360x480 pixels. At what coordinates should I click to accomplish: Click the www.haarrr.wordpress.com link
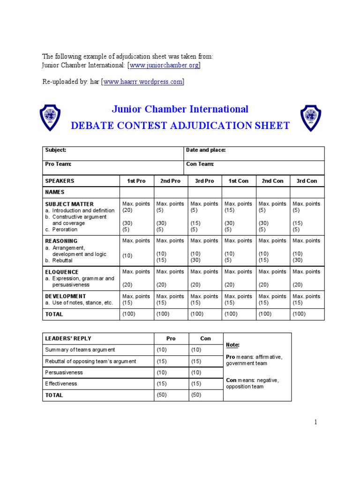(142, 82)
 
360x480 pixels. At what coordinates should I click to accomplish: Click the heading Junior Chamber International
(180, 109)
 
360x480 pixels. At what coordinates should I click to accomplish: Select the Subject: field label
(55, 150)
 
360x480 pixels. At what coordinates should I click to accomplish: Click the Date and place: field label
(206, 150)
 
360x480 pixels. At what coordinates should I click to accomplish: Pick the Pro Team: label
(58, 164)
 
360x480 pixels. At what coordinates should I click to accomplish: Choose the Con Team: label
(200, 164)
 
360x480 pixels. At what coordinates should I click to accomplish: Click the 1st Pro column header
(136, 181)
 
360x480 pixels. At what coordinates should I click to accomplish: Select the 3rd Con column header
(307, 181)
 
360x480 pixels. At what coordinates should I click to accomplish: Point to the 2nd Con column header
(272, 181)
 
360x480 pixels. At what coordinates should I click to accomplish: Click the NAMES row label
(54, 192)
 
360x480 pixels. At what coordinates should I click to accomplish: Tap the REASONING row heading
(61, 241)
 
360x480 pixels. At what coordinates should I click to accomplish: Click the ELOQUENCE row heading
(61, 272)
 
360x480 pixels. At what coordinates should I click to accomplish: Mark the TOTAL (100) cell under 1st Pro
(129, 314)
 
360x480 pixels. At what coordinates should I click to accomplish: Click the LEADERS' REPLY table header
(68, 338)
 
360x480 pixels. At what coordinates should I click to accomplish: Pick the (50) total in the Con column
(196, 395)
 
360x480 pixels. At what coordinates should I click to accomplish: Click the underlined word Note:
(232, 345)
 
